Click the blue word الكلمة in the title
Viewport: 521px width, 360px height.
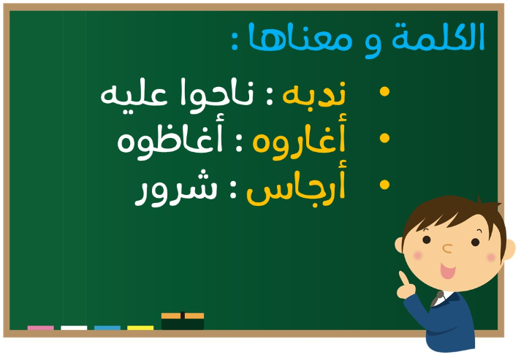(x=438, y=37)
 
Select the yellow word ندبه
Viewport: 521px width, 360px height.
(x=314, y=93)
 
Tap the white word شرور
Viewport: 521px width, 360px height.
(x=176, y=188)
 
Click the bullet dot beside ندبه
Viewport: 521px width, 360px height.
(x=384, y=92)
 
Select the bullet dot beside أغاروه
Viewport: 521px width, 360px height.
(x=384, y=138)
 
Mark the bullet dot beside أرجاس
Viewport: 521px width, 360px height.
(x=384, y=185)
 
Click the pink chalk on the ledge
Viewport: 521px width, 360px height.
(x=40, y=328)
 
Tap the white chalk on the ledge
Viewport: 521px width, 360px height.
(x=74, y=328)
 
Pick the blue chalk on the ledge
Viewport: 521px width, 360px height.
(x=107, y=328)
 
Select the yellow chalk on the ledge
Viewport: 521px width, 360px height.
(x=140, y=328)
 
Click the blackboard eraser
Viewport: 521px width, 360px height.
(x=183, y=321)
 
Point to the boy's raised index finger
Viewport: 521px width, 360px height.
(x=403, y=278)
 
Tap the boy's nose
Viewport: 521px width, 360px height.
(x=448, y=248)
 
